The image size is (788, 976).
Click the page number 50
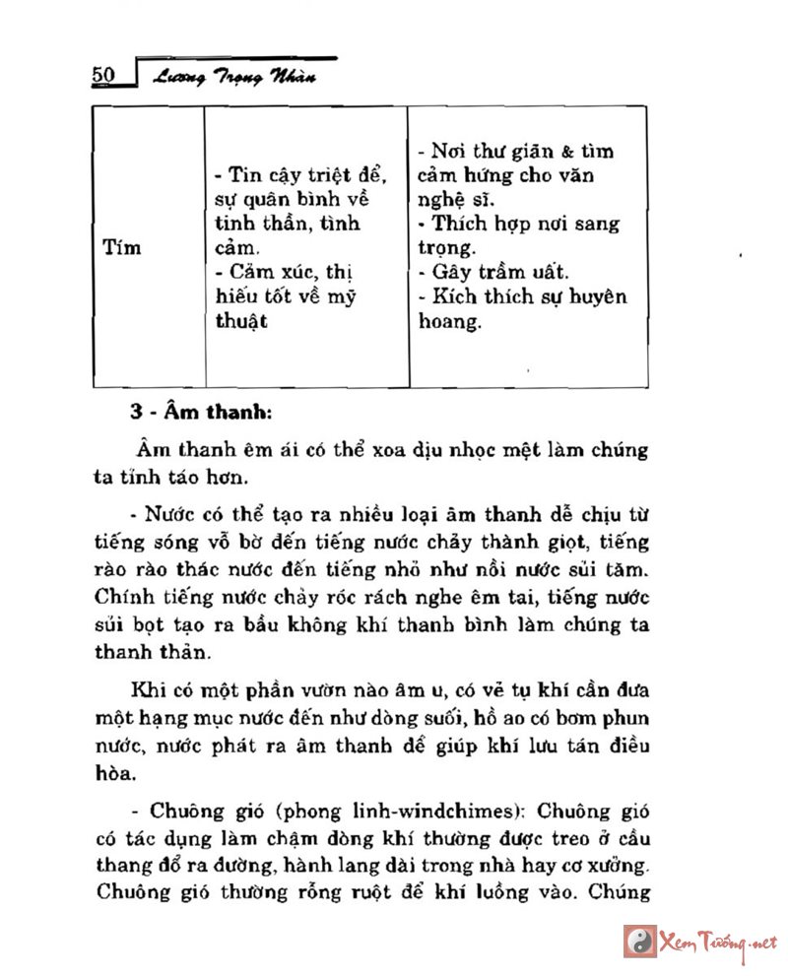105,76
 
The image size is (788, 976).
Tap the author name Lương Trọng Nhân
232,78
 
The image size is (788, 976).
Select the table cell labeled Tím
122,247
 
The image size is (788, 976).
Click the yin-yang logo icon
640,942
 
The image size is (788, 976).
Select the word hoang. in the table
449,321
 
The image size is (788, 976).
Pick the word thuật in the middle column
241,321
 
